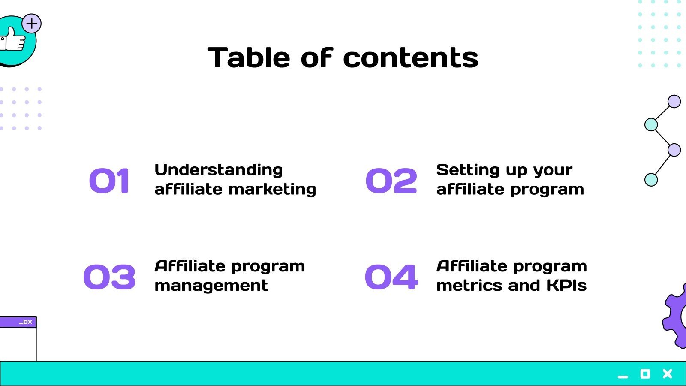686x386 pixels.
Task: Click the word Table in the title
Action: coord(249,58)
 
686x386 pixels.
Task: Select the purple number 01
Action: coord(109,181)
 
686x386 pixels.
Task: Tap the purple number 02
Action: coord(391,181)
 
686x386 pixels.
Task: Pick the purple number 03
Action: coord(109,277)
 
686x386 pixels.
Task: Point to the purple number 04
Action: coord(391,277)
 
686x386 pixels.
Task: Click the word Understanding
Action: coord(218,170)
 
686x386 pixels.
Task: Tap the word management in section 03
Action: coord(211,286)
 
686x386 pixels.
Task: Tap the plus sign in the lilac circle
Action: coord(32,24)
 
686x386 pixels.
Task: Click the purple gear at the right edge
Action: coord(675,317)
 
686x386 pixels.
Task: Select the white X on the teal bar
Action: coord(667,374)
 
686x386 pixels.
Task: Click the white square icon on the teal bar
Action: coord(645,374)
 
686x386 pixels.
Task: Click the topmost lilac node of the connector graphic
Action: coord(674,102)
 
